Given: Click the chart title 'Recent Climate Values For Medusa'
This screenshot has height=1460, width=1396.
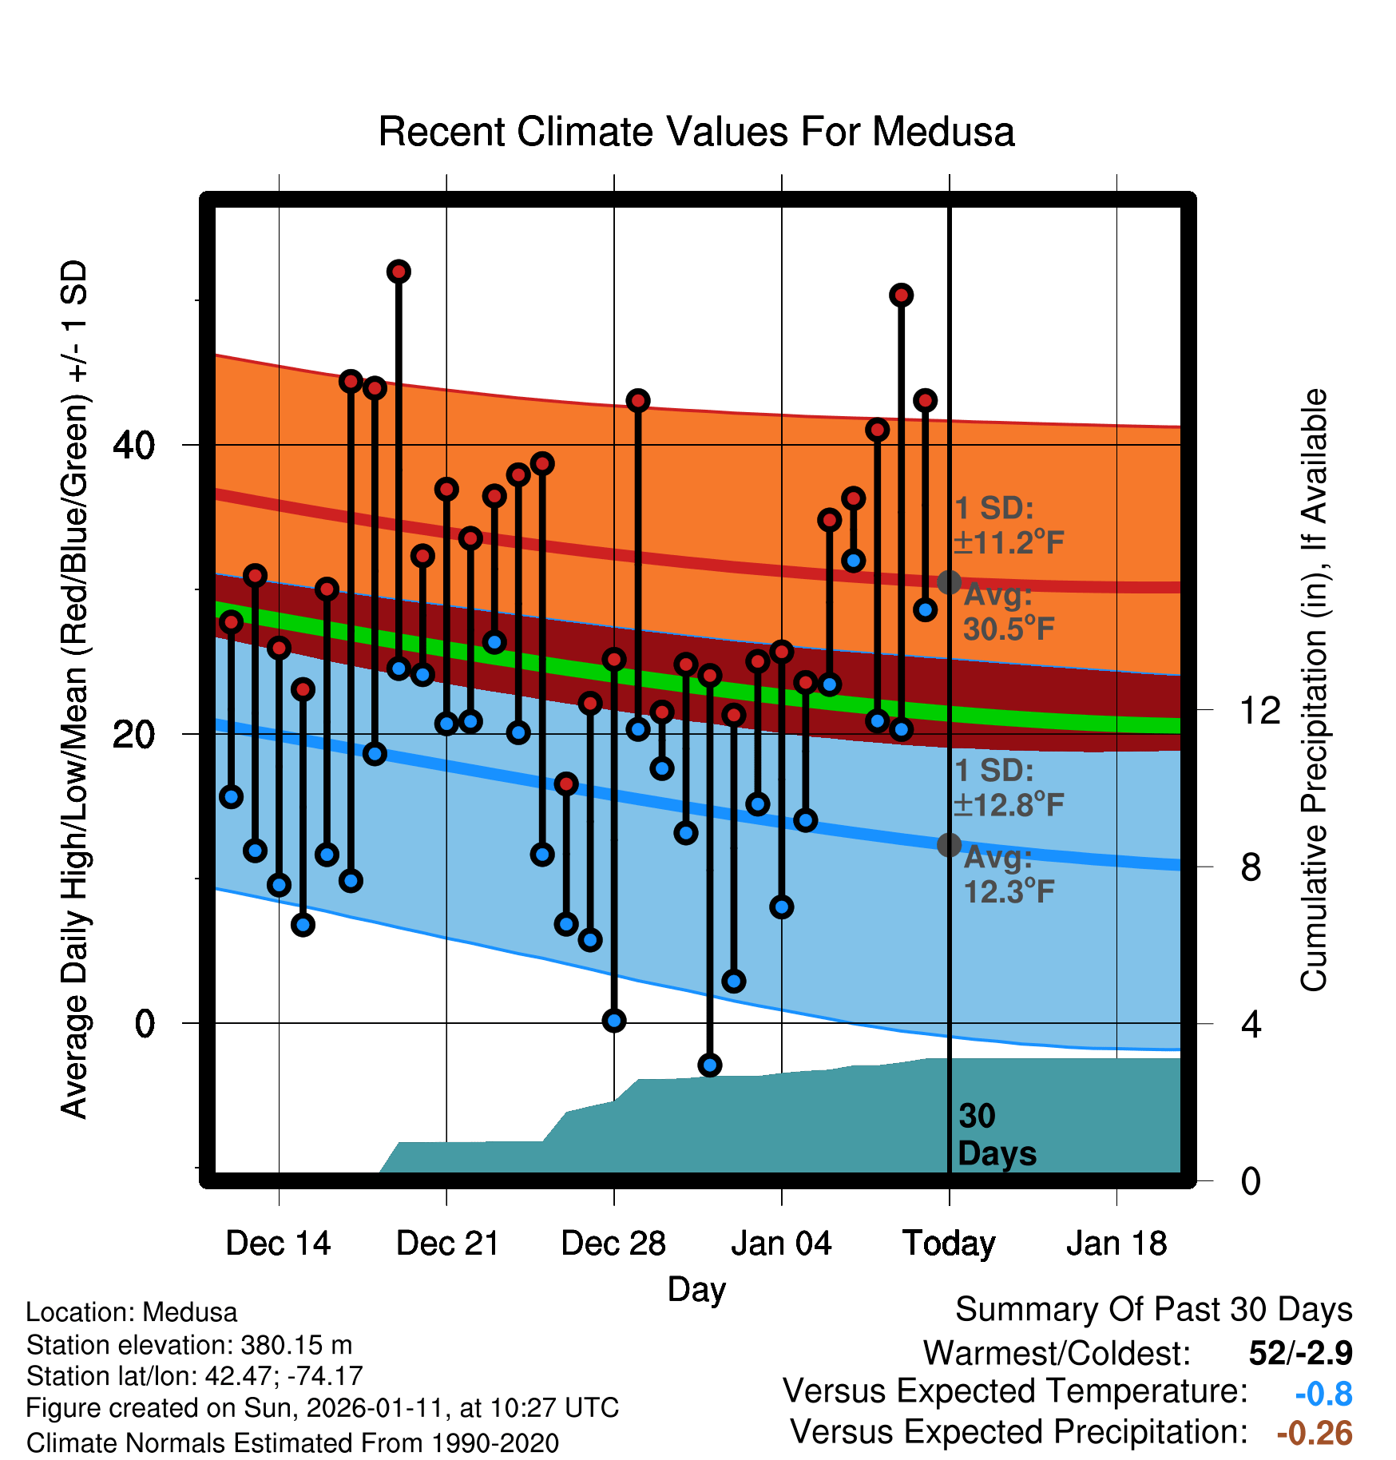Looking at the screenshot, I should (x=696, y=132).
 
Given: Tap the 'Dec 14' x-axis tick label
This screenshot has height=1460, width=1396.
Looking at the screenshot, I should (x=278, y=1244).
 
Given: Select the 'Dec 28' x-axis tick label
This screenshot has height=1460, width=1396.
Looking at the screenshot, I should (x=613, y=1244).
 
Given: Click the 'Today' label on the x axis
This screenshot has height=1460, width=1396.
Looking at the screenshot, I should (x=949, y=1244).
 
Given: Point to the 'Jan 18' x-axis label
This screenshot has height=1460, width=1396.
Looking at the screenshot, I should (x=1116, y=1244).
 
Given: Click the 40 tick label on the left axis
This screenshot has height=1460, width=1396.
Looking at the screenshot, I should (x=133, y=445).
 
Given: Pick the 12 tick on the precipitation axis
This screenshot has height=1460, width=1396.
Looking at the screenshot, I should (x=1260, y=710).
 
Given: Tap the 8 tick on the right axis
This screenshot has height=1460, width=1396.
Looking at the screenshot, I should (x=1251, y=867).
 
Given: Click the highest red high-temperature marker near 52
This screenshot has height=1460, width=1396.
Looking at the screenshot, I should (x=399, y=272).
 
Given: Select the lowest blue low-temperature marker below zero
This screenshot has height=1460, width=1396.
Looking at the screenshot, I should (x=710, y=1065).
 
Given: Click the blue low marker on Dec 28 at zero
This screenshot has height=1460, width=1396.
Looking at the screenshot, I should (x=614, y=1020).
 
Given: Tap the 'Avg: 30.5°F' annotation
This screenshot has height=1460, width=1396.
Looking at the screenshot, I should (x=1009, y=613).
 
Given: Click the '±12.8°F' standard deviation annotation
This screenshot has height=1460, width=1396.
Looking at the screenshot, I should (x=1009, y=804).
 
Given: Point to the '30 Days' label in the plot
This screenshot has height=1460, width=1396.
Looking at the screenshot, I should (x=996, y=1135).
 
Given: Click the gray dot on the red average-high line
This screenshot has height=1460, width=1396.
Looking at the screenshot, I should (x=949, y=582).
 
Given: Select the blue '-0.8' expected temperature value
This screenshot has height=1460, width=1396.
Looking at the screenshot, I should (x=1323, y=1394).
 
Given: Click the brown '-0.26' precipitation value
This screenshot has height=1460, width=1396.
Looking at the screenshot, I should (x=1315, y=1433).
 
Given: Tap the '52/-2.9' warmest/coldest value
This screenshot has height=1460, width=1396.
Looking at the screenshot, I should (x=1300, y=1353).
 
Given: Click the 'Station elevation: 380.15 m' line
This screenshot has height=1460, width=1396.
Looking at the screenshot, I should (x=189, y=1345).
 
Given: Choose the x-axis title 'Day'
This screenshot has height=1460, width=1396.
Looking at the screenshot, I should (x=696, y=1289).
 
